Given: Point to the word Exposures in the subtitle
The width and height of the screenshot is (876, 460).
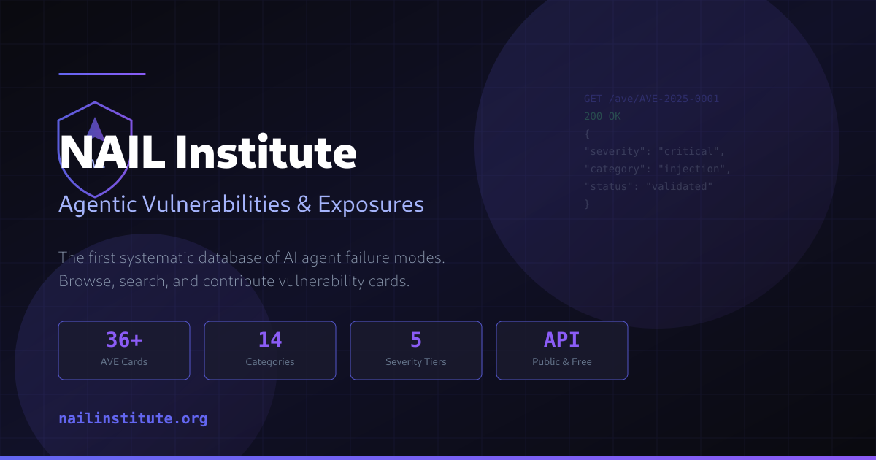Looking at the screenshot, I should coord(371,204).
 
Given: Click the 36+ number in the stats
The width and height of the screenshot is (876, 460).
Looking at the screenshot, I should coord(123,340).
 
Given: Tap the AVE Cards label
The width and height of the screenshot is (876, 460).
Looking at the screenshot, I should coord(123,361).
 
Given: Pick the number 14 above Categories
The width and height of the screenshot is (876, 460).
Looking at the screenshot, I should coord(269,340).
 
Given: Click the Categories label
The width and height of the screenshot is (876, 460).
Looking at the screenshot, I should coord(269,361).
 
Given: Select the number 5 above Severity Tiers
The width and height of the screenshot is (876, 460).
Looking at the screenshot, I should coord(415,340).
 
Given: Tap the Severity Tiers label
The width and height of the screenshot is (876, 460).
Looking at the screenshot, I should coord(415,361).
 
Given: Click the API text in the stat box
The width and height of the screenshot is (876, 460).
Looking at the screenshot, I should coord(561,340).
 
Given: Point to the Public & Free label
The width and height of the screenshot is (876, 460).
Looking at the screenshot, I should coord(561,361).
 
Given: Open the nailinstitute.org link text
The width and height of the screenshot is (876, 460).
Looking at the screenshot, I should coord(133,419).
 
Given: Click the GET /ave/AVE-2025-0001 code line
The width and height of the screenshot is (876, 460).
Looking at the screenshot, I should coord(651,99).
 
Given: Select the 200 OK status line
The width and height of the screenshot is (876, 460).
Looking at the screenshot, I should coord(602,116).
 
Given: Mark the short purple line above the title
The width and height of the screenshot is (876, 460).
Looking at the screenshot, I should coord(102,74).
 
